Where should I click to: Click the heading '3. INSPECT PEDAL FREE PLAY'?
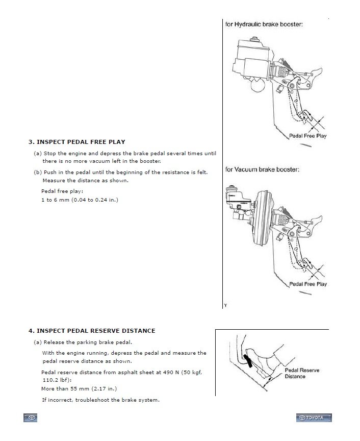[76, 142]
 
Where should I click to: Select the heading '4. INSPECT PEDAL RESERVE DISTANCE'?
[92, 331]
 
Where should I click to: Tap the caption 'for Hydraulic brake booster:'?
[264, 24]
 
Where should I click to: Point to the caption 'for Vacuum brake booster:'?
[262, 169]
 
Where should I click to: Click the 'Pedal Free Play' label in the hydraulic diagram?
[308, 136]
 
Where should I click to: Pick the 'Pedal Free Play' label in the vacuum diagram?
[308, 284]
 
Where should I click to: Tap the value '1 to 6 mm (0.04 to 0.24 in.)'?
[80, 200]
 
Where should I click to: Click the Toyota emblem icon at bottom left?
[31, 418]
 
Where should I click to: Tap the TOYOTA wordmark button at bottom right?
[313, 418]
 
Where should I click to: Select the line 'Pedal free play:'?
[62, 191]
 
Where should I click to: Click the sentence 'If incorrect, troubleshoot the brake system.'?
[100, 400]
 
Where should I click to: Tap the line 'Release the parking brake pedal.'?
[91, 342]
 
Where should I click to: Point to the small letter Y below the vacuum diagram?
[225, 305]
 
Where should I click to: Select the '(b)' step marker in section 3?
[38, 172]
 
